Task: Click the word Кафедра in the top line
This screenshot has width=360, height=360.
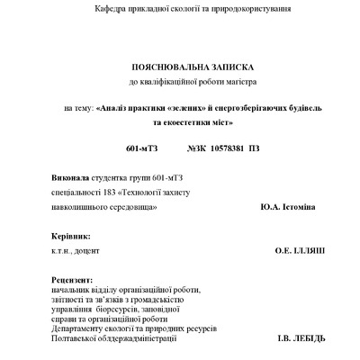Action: pos(110,8)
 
